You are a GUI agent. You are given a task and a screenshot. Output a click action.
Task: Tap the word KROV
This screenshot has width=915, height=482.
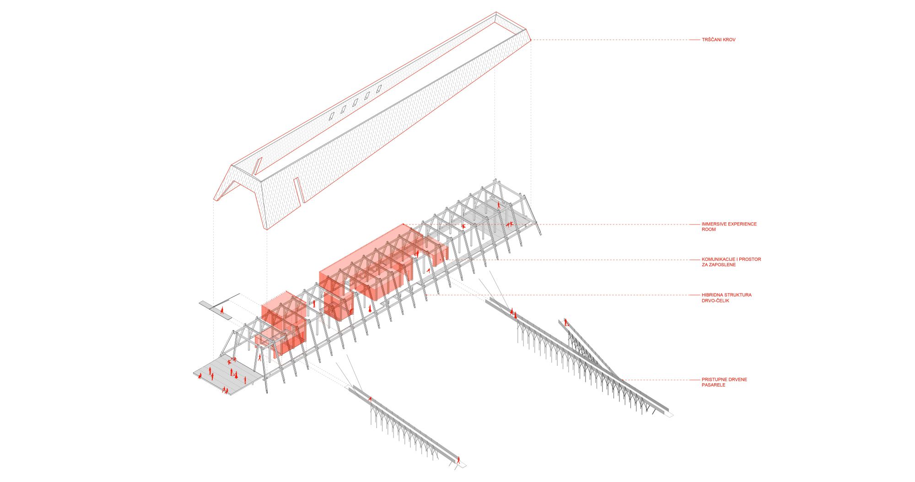pos(730,40)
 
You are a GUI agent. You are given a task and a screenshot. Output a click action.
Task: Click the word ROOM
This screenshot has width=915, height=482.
pos(709,230)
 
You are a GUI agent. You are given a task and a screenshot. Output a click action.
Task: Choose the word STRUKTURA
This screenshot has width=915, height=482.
pos(739,295)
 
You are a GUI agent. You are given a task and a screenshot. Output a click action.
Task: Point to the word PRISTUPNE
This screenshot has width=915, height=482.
pos(714,380)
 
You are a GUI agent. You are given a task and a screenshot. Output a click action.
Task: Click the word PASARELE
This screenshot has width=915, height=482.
pos(714,385)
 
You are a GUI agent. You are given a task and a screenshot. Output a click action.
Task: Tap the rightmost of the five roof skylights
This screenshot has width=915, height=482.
pos(379,90)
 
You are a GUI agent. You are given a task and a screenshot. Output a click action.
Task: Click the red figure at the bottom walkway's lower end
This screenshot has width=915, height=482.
pos(458,460)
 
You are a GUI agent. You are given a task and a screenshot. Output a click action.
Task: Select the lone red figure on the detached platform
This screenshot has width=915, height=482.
pos(222,310)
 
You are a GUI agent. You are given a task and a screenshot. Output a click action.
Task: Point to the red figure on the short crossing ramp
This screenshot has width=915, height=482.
pos(566,322)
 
